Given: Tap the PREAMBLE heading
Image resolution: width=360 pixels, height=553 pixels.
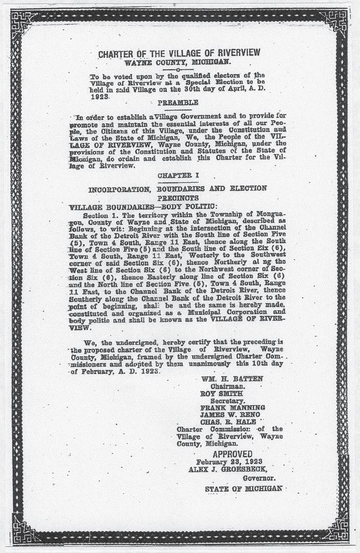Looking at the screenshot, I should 177,102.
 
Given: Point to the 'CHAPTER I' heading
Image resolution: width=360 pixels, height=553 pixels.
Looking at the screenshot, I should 177,176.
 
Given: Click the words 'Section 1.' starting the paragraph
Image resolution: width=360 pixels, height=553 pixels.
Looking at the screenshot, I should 102,215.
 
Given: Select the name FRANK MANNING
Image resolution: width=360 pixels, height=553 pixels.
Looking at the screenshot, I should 232,407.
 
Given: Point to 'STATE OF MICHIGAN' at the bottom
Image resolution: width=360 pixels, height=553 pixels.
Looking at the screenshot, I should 243,488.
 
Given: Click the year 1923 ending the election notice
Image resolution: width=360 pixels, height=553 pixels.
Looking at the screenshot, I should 100,97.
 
